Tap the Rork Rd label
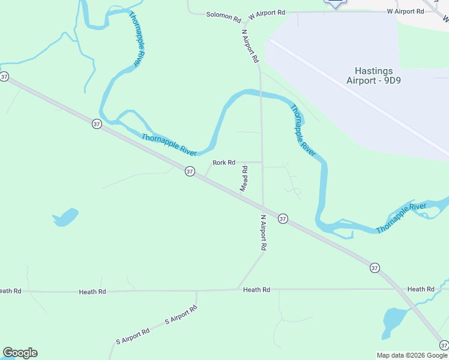click(223, 163)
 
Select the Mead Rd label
click(244, 179)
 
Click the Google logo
click(20, 353)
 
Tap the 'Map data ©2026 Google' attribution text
click(412, 355)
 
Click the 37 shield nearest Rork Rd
click(190, 172)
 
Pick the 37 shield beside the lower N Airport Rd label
click(283, 219)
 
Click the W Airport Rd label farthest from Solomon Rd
click(406, 11)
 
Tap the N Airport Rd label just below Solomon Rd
click(250, 46)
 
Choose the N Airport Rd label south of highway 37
click(263, 233)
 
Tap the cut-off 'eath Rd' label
click(10, 291)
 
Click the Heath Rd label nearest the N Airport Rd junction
click(256, 290)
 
